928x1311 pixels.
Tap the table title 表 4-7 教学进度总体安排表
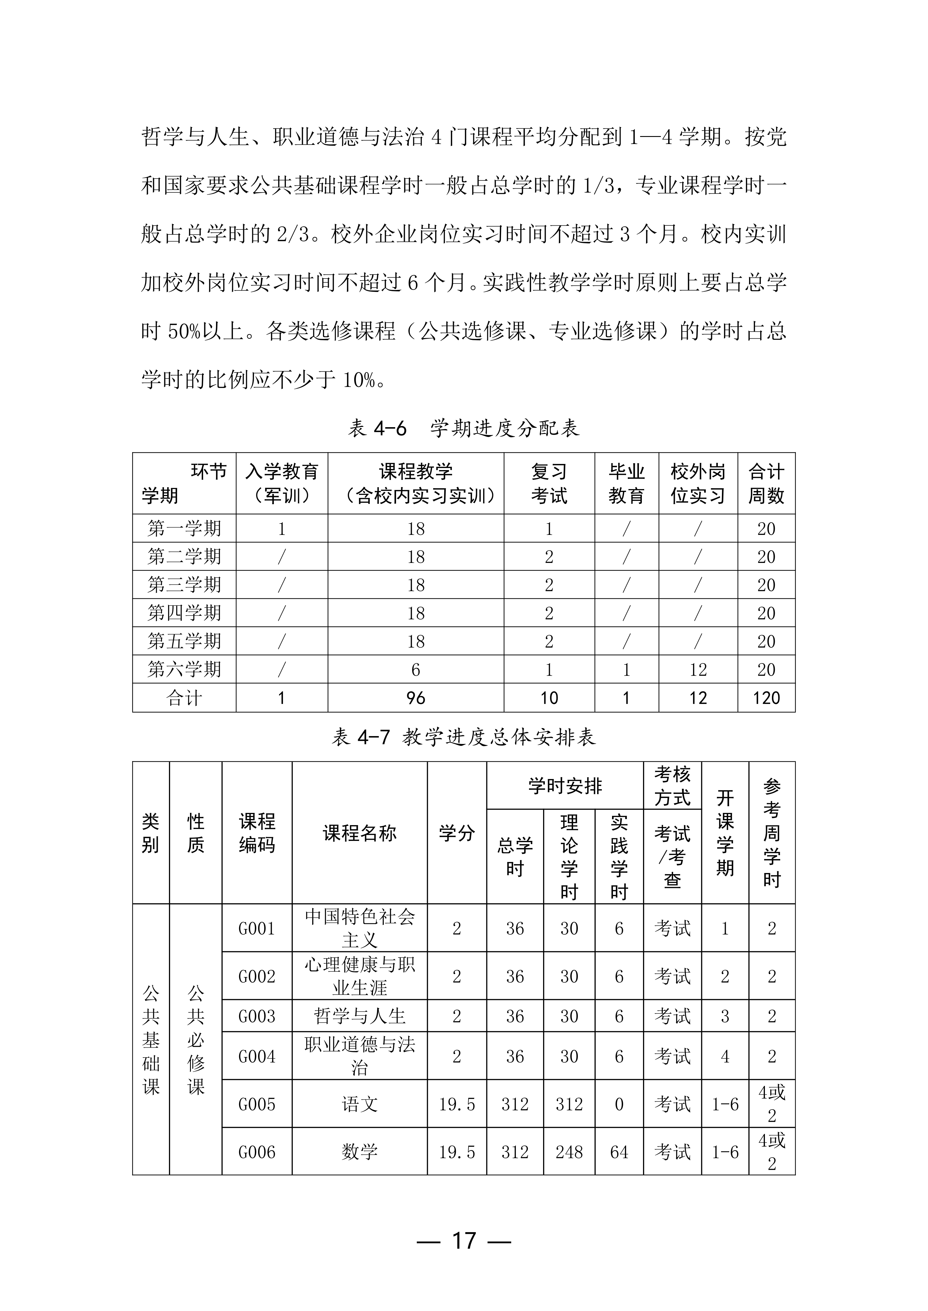pyautogui.click(x=464, y=737)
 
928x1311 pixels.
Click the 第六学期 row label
pyautogui.click(x=184, y=669)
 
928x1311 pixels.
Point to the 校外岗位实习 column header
pyautogui.click(x=698, y=484)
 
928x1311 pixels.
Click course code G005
pyautogui.click(x=257, y=1104)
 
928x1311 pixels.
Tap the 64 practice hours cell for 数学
pyautogui.click(x=619, y=1152)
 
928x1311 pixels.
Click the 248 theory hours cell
pyautogui.click(x=569, y=1152)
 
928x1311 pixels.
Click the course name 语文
pyautogui.click(x=360, y=1104)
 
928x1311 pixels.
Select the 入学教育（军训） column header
pyautogui.click(x=282, y=484)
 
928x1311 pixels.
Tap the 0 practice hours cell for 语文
pyautogui.click(x=619, y=1104)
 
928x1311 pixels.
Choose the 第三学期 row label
pyautogui.click(x=184, y=585)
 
